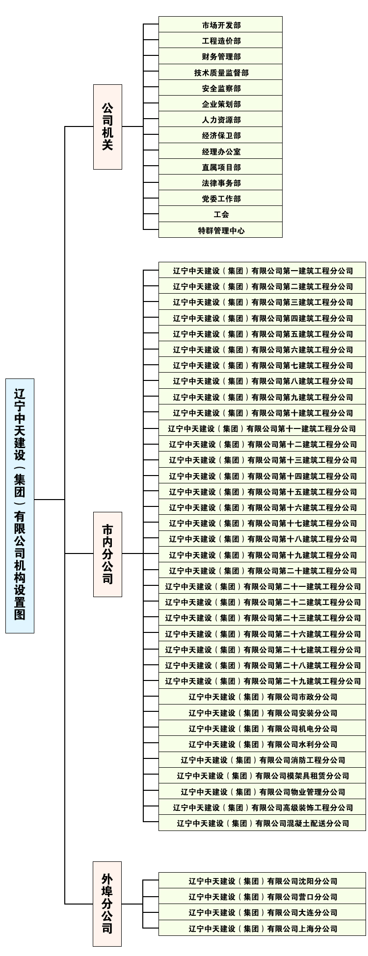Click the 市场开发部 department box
click(x=220, y=25)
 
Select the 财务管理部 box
click(x=220, y=56)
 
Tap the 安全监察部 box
click(x=220, y=88)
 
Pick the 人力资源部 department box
click(x=220, y=120)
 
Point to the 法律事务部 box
click(x=220, y=183)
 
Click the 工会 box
click(x=220, y=214)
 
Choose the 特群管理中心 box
click(x=220, y=230)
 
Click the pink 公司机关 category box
click(x=107, y=127)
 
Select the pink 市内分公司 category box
click(x=107, y=554)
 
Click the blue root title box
click(x=20, y=506)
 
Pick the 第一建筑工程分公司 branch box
click(x=262, y=271)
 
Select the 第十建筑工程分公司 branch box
click(x=262, y=413)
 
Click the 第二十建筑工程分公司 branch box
click(x=262, y=571)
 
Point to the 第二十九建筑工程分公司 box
click(x=262, y=681)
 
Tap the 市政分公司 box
click(x=262, y=697)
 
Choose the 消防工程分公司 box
click(x=262, y=760)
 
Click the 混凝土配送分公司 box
click(x=262, y=823)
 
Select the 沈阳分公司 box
click(x=262, y=881)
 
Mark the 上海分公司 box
click(x=262, y=928)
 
